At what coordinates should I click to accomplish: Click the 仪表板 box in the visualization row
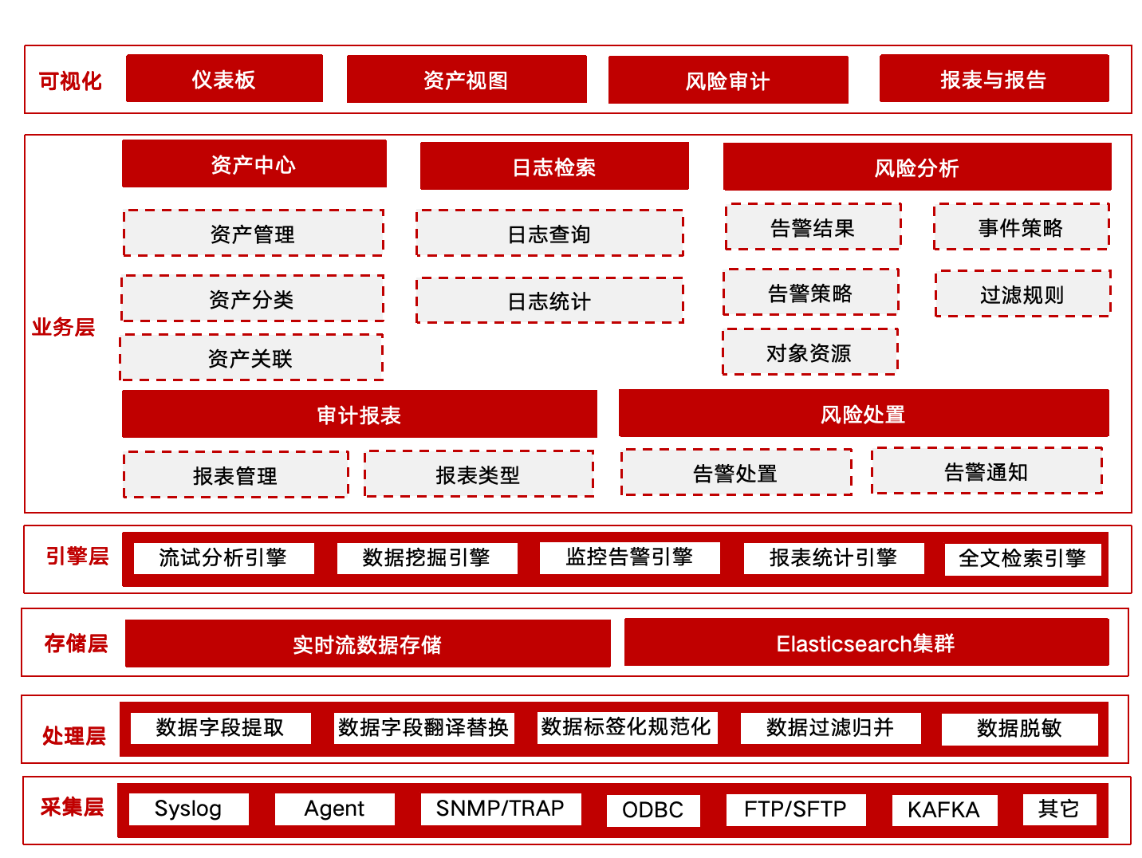[224, 78]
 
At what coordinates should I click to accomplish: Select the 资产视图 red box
[467, 79]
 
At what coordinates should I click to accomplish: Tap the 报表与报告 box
[994, 78]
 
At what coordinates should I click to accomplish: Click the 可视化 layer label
[70, 81]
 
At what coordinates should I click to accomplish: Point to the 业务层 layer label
[64, 327]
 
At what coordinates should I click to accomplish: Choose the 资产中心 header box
[254, 163]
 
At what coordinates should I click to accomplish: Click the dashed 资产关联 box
[251, 358]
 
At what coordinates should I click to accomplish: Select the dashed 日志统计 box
[549, 301]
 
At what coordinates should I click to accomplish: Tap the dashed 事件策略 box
[1022, 226]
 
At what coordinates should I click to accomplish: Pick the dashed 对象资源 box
[810, 352]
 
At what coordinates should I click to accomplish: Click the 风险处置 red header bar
[864, 414]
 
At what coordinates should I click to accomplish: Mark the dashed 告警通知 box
[987, 471]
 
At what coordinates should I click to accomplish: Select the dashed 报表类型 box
[478, 474]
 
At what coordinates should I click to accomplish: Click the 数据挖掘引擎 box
[427, 559]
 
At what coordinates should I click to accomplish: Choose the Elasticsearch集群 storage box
[867, 643]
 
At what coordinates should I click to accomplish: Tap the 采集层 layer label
[73, 808]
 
